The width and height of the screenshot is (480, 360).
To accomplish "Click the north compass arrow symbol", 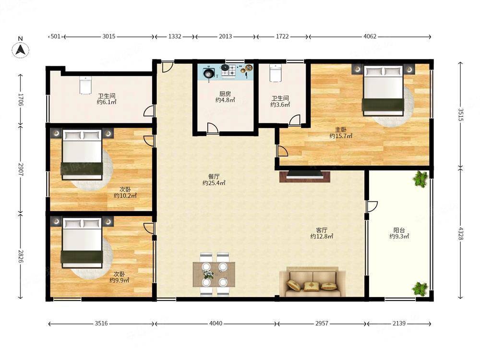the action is point(21,50).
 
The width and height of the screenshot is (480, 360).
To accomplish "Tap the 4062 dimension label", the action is point(370,36).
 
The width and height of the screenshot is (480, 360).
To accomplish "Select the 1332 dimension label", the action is point(175,36).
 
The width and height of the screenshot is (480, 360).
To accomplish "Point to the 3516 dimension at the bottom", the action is point(101,323).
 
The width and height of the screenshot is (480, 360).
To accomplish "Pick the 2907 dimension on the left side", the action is point(21,169).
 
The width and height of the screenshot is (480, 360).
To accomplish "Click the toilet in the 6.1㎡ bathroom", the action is point(85,85).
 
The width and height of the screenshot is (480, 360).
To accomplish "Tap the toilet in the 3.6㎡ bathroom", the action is point(276,73).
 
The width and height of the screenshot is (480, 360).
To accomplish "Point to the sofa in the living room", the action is point(313,281).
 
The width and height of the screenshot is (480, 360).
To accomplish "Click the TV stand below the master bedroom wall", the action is point(305,177).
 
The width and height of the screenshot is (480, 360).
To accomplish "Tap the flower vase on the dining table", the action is point(208,274).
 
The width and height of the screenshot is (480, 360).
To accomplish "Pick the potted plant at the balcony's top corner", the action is point(420,179).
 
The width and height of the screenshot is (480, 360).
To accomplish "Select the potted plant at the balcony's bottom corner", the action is point(420,288).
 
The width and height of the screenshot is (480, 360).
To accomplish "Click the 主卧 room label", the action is point(341,130).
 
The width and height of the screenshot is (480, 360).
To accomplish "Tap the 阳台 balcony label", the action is point(399,230).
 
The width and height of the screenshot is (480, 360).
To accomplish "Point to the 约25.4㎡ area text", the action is point(214,183).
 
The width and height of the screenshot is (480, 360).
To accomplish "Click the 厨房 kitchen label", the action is point(225,94).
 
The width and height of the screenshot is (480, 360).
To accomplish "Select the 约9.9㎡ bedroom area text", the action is point(119,280).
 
